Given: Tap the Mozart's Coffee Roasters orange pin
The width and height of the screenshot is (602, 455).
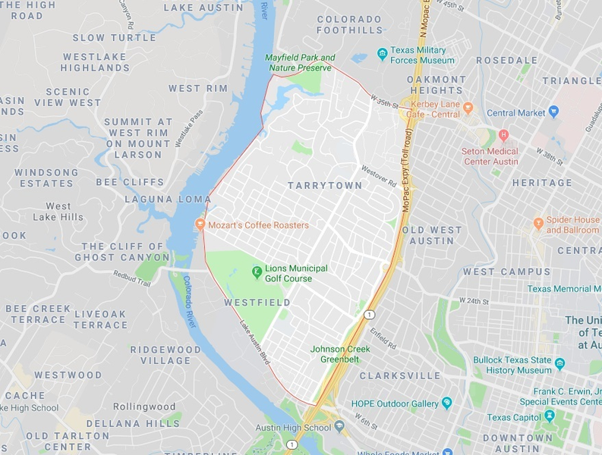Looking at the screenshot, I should click(200, 224).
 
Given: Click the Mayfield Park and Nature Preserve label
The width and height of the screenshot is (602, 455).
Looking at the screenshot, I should click(300, 63).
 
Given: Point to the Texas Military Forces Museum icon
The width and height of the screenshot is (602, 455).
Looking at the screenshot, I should click(383, 53).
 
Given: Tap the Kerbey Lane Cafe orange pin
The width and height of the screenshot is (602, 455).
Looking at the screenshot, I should click(468, 108).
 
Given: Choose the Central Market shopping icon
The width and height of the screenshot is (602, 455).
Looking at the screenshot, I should click(553, 112).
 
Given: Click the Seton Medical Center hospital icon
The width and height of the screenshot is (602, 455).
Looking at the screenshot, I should click(503, 135).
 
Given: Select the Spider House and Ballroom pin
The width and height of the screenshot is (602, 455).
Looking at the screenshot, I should click(538, 224).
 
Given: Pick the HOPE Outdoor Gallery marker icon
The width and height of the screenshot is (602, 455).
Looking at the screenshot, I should click(446, 403).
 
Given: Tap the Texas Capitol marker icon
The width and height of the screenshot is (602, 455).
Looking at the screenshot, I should click(552, 417).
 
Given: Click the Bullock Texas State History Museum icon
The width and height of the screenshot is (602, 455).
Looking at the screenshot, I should click(559, 364).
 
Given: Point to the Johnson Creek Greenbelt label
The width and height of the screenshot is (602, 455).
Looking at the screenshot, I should click(339, 354).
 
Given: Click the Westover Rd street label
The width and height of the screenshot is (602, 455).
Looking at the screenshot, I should click(379, 176).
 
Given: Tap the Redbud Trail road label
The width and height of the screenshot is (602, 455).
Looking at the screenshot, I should click(133, 278).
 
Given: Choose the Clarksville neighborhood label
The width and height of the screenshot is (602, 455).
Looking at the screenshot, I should click(400, 375).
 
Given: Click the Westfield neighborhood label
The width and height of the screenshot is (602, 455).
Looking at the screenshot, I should click(257, 303).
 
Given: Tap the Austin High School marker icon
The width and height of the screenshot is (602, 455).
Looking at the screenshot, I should click(339, 427).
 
